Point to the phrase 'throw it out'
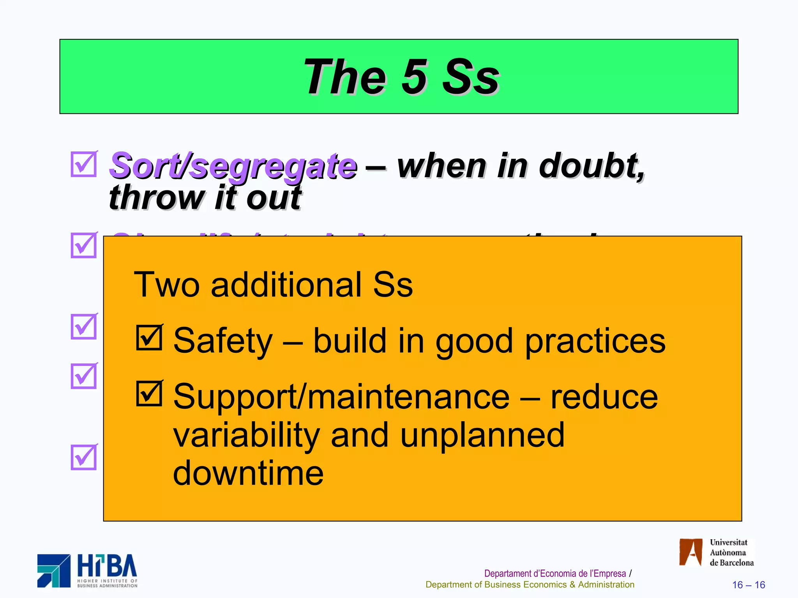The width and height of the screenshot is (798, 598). [205, 198]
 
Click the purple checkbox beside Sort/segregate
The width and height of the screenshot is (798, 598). [83, 164]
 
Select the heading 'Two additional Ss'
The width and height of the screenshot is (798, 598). [273, 285]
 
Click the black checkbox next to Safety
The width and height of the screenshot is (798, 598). [149, 338]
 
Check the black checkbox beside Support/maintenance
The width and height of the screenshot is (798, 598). [149, 394]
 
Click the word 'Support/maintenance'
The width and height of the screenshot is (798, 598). [341, 397]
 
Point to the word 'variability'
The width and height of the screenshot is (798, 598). [246, 435]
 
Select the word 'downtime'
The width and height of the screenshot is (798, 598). [248, 473]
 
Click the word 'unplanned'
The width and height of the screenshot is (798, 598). [482, 435]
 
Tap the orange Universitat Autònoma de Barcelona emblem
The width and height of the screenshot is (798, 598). [690, 552]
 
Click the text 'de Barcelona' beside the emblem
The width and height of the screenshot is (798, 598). [731, 563]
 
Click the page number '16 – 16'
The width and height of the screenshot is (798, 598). [748, 585]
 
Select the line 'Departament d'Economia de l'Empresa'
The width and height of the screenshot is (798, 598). [554, 573]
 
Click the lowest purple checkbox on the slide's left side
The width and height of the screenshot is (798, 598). [83, 457]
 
